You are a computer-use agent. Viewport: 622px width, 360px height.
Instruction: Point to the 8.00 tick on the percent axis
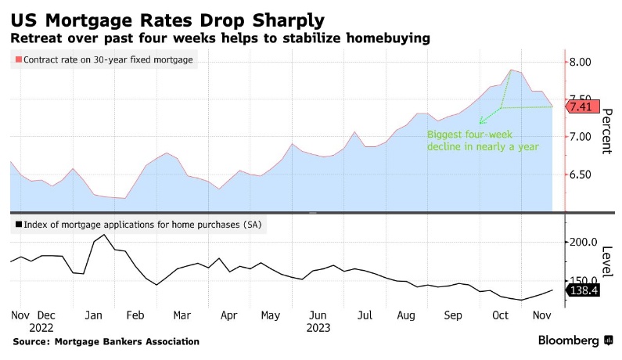pyautogui.click(x=584, y=62)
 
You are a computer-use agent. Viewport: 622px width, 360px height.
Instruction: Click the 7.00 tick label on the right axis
pyautogui.click(x=584, y=137)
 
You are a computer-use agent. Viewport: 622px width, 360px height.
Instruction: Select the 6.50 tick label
pyautogui.click(x=584, y=175)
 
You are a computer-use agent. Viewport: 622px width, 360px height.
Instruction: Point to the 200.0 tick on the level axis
pyautogui.click(x=584, y=243)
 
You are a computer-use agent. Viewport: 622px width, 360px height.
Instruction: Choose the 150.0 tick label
pyautogui.click(x=584, y=280)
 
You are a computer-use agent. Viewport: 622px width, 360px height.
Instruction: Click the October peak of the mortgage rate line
pyautogui.click(x=510, y=70)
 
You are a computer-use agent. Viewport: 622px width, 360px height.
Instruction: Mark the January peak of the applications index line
pyautogui.click(x=105, y=235)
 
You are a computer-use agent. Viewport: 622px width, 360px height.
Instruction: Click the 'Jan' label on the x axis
pyautogui.click(x=94, y=315)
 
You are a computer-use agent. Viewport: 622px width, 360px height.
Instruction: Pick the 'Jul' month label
pyautogui.click(x=364, y=315)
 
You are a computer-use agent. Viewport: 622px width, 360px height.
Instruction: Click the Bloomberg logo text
pyautogui.click(x=569, y=340)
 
